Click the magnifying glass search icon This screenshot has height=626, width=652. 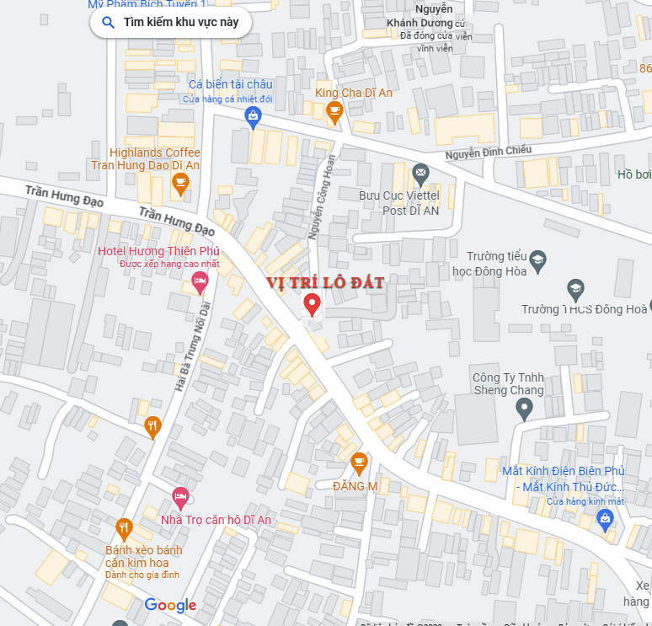pos(108,23)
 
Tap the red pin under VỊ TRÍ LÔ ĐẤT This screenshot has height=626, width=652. pos(312,304)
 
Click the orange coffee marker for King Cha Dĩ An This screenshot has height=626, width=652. pos(334,111)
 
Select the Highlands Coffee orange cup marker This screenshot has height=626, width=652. pos(179,183)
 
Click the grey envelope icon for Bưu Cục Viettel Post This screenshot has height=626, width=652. pos(420,174)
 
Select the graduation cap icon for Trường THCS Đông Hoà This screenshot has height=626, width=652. pos(575,289)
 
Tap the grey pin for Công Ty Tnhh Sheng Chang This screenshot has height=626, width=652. pos(524,409)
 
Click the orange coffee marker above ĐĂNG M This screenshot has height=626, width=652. pos(359,463)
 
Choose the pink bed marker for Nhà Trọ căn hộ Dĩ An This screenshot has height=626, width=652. pos(180,498)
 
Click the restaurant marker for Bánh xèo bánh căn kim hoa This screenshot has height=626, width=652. pos(124,528)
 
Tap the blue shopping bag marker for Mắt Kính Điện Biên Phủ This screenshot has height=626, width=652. pos(604,520)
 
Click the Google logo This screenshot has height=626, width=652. pos(170,605)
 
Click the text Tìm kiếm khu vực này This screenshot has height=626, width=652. pos(181,23)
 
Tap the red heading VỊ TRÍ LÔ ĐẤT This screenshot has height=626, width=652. pos(325,283)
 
